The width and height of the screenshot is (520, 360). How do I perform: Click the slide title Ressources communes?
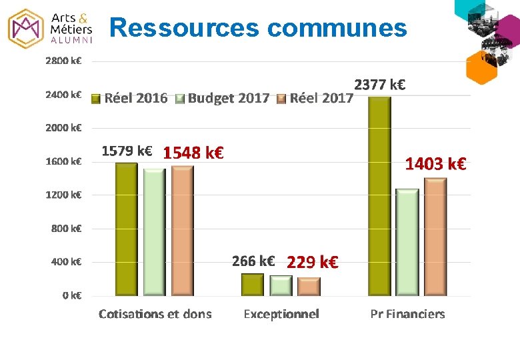257,28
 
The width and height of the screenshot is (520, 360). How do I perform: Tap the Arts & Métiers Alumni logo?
51,27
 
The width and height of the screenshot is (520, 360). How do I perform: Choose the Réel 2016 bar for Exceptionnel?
253,284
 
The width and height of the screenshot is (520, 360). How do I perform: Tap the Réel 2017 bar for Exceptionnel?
309,286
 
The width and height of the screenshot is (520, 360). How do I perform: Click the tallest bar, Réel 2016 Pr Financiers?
379,196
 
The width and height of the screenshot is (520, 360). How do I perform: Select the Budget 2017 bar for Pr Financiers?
407,242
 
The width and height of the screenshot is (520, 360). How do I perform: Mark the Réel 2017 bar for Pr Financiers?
435,237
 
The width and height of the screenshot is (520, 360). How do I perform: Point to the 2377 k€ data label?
380,85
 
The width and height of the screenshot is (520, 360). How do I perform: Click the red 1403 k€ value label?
435,163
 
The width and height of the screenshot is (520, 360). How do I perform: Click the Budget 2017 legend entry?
223,99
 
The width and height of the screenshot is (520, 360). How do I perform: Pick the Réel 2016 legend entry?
130,99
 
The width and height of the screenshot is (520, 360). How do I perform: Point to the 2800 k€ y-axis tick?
63,61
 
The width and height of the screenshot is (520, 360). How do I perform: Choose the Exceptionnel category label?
281,314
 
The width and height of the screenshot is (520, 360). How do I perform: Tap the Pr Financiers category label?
407,314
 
